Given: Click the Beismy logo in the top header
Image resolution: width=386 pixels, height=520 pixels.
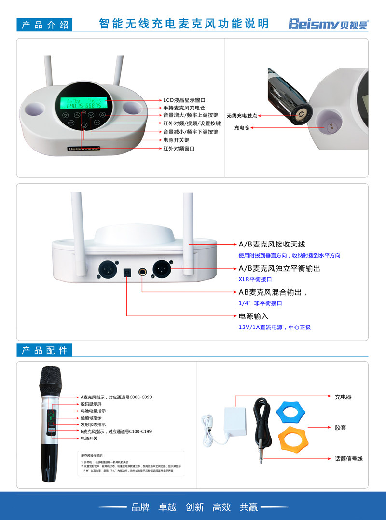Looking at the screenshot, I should click(x=328, y=24).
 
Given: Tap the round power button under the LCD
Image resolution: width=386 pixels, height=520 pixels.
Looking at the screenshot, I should click(x=84, y=125).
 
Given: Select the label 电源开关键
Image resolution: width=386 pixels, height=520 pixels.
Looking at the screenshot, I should click(x=176, y=140).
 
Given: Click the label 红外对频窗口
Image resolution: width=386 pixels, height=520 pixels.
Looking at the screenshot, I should click(x=179, y=149).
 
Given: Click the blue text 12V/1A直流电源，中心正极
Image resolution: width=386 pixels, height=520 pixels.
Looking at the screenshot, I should click(x=275, y=327).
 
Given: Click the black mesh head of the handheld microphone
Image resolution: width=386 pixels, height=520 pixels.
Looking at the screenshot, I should click(x=51, y=380).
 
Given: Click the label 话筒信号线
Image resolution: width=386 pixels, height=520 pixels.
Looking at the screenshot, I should click(x=348, y=458).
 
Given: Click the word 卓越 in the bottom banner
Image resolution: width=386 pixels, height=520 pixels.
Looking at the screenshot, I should click(x=167, y=507).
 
